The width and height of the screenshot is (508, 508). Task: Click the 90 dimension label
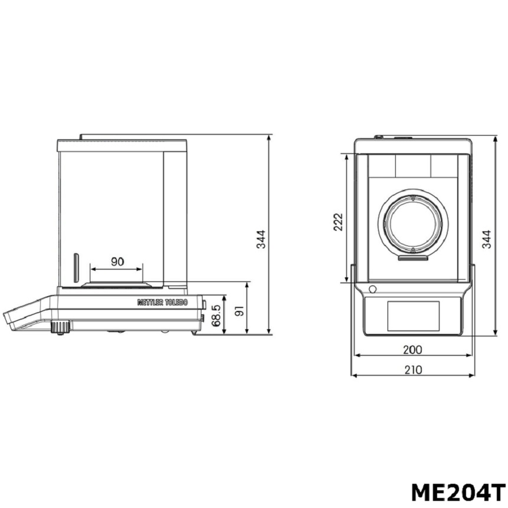pos(117,261)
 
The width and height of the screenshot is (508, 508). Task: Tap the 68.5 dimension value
pos(216,315)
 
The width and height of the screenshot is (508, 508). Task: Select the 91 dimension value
pos(239,312)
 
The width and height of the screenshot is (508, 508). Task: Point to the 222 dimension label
pos(338,222)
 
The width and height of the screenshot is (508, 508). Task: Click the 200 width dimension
pos(413,349)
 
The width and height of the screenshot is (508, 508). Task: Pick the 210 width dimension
pos(413,370)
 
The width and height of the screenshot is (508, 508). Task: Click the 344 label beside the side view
pos(261,239)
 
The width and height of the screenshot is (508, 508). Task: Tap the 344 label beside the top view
pos(486,239)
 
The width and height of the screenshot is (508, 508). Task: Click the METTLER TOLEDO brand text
pos(162,302)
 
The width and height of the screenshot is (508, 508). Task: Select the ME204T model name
pos(458,493)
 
